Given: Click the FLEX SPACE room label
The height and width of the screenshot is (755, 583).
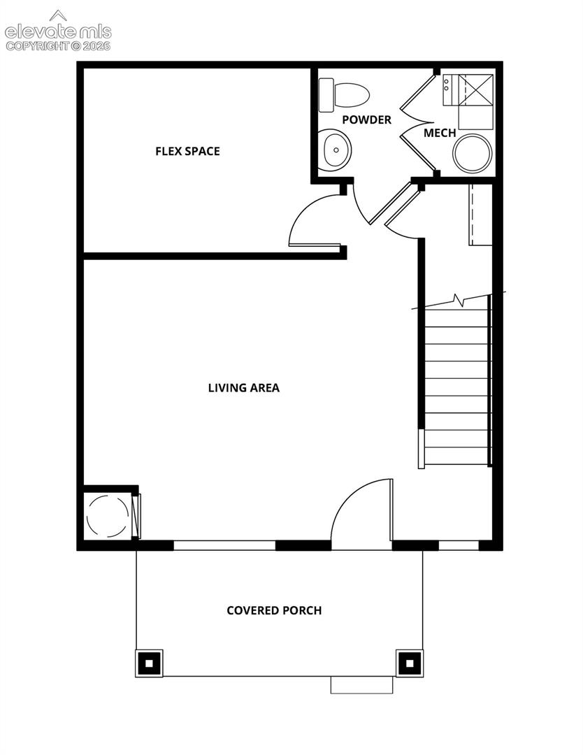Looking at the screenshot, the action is (187, 151).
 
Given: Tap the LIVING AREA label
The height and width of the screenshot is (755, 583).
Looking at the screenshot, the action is (243, 387).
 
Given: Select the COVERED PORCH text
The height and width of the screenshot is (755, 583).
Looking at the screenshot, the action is (274, 610).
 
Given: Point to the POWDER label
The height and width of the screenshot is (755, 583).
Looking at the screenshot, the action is (367, 120).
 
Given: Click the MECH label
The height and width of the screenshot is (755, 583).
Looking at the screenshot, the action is (440, 133).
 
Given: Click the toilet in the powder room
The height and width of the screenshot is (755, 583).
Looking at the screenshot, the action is (344, 95).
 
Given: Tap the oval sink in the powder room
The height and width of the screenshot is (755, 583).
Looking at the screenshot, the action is (337, 150).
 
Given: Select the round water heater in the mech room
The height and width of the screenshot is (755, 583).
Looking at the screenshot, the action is (473, 154).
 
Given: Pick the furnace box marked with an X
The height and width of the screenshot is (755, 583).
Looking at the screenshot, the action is (475, 89).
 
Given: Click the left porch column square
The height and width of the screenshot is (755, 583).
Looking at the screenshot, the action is (149, 663).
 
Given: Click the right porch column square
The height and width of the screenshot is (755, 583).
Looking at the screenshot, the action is (410, 663).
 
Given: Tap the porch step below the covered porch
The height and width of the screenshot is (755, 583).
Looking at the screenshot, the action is (361, 684).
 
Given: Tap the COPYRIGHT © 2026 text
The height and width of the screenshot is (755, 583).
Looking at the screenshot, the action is (58, 46).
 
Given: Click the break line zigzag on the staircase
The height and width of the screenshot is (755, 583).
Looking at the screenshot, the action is (459, 300).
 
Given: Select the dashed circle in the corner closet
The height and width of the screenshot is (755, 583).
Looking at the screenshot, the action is (108, 515).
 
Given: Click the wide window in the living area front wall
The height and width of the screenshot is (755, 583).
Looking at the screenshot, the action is (224, 545).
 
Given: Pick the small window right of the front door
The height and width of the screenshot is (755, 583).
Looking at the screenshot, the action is (459, 545).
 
